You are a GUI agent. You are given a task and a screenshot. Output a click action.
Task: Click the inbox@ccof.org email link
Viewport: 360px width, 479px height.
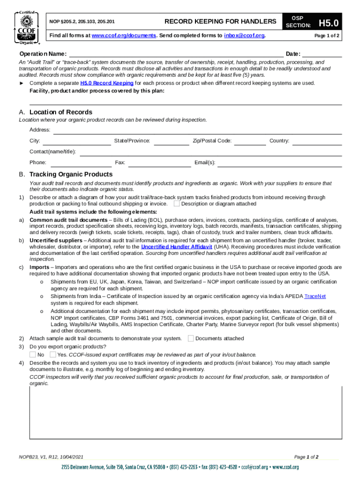click(244, 36)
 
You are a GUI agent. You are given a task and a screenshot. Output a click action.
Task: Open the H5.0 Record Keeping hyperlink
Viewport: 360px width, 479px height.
click(107, 83)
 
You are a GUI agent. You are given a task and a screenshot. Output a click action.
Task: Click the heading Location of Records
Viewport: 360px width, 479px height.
click(61, 112)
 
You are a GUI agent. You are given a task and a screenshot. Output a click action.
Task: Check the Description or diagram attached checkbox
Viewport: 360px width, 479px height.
click(176, 203)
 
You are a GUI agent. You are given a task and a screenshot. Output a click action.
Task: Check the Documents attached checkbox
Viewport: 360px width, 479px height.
click(190, 338)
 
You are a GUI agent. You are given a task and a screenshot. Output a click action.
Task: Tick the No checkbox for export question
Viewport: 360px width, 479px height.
click(33, 354)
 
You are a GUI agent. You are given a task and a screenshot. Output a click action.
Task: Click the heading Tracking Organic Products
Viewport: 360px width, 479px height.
click(71, 174)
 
